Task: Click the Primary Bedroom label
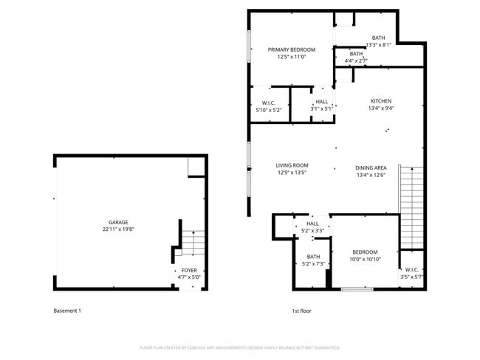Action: (292, 49)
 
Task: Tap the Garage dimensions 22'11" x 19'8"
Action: (119, 229)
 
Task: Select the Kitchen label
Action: (381, 101)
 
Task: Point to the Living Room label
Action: (292, 165)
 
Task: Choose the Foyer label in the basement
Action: (189, 271)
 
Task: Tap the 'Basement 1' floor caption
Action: (67, 311)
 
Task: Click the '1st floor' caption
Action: (301, 311)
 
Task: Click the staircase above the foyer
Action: (193, 242)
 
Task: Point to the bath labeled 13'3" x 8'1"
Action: (378, 41)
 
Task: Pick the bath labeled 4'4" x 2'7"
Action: (356, 57)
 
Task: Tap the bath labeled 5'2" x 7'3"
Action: (313, 260)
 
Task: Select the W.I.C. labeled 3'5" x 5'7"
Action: (411, 273)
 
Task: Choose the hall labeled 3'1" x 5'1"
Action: (322, 105)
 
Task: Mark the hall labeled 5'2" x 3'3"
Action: (312, 226)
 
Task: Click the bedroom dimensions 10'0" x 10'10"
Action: (365, 259)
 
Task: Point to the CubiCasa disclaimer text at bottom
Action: (239, 347)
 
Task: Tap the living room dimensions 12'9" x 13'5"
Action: (292, 173)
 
